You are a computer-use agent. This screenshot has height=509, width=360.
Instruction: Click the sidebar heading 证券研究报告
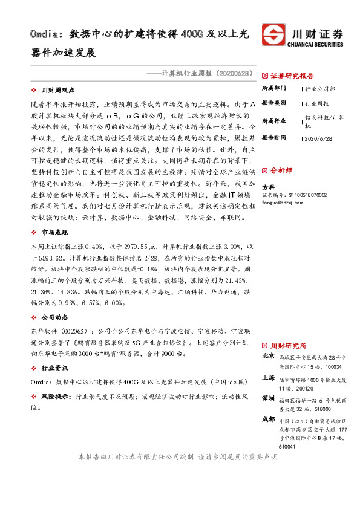[292, 76]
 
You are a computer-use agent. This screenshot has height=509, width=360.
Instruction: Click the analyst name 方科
[268, 187]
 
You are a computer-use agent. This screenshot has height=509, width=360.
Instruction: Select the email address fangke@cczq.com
[282, 203]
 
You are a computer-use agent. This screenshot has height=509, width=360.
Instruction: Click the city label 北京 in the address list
[268, 357]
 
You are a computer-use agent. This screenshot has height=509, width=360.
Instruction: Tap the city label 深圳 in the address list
[268, 399]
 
